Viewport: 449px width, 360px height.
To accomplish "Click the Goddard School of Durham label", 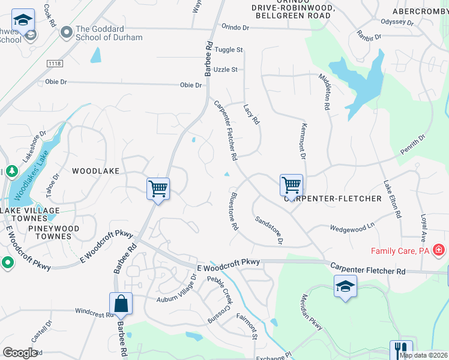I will coord(109,33).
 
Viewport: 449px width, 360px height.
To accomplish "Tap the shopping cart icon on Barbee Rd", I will coord(158,189).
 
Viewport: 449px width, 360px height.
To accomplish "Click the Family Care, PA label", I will coord(400,251).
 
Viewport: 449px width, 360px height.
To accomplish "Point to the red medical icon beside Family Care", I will coord(439,249).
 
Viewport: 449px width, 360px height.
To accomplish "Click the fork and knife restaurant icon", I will coord(401,349).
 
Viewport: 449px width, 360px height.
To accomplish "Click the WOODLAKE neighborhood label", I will coord(96,171).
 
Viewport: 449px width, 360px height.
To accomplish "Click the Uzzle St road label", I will coord(226,70).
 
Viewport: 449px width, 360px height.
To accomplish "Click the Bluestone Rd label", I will coord(234,211).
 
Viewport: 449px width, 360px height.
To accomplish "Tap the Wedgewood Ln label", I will coord(352,227).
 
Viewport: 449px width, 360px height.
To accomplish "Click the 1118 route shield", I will coord(55,62).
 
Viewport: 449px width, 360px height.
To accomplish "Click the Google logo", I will coord(20,353).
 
